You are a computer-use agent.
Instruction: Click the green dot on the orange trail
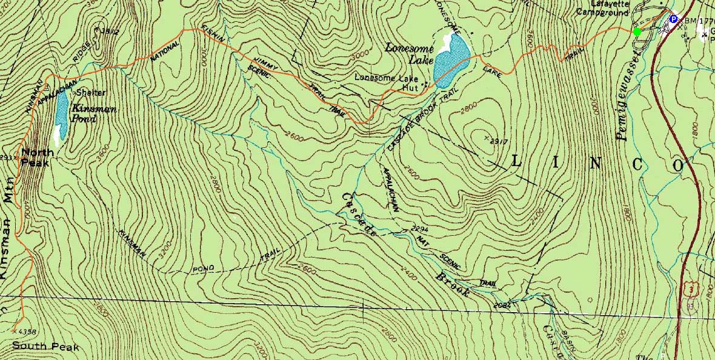tap(636, 32)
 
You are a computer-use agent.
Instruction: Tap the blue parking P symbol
tap(673, 19)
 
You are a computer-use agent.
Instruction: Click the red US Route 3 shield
tap(691, 292)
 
